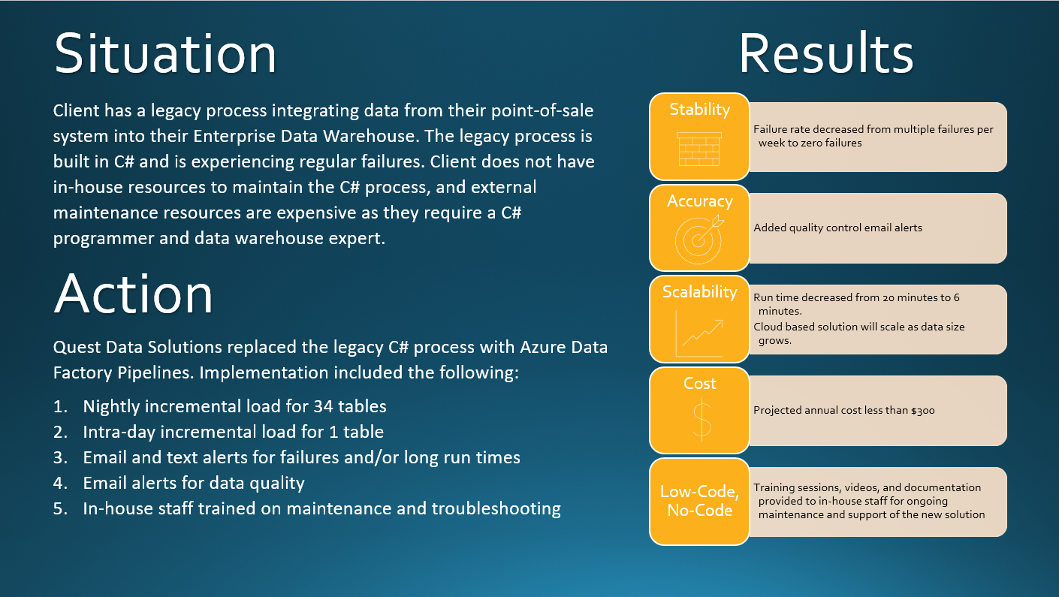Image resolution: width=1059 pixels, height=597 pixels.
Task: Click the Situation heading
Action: [x=165, y=54]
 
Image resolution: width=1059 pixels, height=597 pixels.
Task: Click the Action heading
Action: [x=134, y=294]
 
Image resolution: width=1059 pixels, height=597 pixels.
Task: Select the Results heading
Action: [x=825, y=54]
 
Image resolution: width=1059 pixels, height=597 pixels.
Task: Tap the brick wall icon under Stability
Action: [x=699, y=149]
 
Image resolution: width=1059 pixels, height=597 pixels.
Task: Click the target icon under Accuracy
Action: [x=699, y=238]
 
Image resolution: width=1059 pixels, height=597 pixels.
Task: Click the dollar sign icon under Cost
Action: [x=700, y=419]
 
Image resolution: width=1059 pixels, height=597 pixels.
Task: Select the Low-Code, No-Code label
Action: [x=699, y=501]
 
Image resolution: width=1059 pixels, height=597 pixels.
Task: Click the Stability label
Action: [x=699, y=110]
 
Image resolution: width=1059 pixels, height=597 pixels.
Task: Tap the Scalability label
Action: [x=699, y=292]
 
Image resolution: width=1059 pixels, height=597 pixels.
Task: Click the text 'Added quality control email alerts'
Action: [x=837, y=228]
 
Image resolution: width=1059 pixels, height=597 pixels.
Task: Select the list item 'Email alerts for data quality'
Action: [x=194, y=483]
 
